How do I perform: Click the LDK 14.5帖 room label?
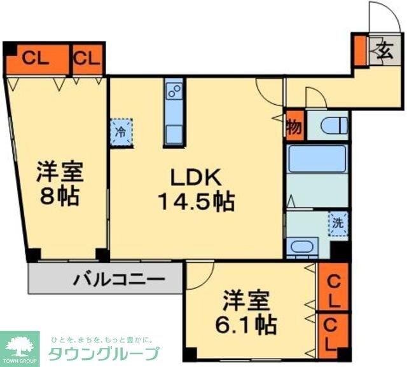pyautogui.click(x=195, y=190)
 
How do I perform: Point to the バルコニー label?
pyautogui.click(x=118, y=279)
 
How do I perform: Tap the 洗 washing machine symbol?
pyautogui.click(x=338, y=223)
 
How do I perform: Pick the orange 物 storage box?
pyautogui.click(x=294, y=124)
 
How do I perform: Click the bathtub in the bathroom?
pyautogui.click(x=316, y=159)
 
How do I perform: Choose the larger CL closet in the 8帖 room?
pyautogui.click(x=37, y=59)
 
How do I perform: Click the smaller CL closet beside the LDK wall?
pyautogui.click(x=87, y=59)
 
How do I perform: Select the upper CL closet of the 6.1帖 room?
pyautogui.click(x=332, y=289)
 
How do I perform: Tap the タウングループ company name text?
pyautogui.click(x=104, y=354)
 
